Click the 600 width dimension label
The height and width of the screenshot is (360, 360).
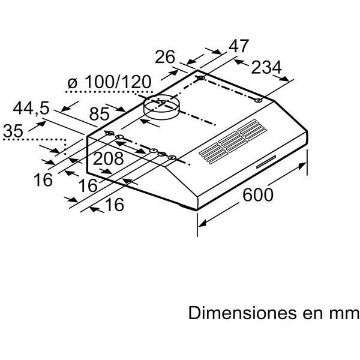pyautogui.click(x=258, y=194)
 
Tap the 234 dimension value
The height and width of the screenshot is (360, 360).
pyautogui.click(x=266, y=67)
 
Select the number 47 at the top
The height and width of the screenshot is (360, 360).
pyautogui.click(x=239, y=46)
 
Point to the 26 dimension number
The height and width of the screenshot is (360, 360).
pyautogui.click(x=165, y=57)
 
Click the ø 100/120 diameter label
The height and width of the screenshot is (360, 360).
pyautogui.click(x=109, y=82)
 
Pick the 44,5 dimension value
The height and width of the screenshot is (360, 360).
pyautogui.click(x=31, y=109)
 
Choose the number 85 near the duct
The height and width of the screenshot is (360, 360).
pyautogui.click(x=99, y=114)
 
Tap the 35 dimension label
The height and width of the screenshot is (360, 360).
pyautogui.click(x=13, y=131)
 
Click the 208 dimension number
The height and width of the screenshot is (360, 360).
pyautogui.click(x=109, y=158)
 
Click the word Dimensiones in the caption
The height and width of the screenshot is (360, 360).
pyautogui.click(x=242, y=313)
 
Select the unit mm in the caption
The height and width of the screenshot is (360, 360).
pyautogui.click(x=344, y=314)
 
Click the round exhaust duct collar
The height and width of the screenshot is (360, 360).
pyautogui.click(x=161, y=107)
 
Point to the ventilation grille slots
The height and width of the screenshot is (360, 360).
pyautogui.click(x=233, y=142)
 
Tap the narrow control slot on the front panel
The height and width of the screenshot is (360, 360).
pyautogui.click(x=266, y=161)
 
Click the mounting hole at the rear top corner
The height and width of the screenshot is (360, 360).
pyautogui.click(x=201, y=78)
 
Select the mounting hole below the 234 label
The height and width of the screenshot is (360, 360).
pyautogui.click(x=259, y=100)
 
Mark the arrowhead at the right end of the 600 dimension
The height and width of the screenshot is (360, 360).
pyautogui.click(x=302, y=166)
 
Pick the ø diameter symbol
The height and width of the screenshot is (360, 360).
pyautogui.click(x=72, y=83)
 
